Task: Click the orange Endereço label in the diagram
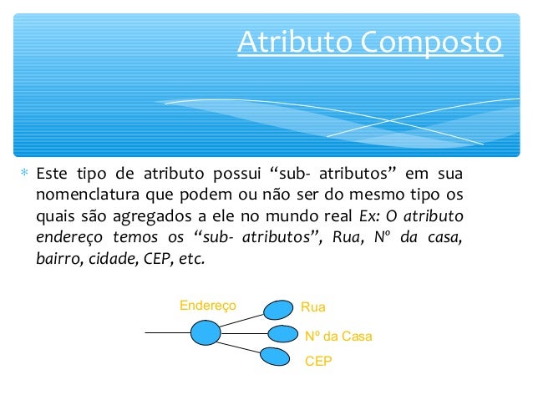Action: [208, 306]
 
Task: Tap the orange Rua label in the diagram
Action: [313, 307]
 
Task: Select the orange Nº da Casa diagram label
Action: [338, 336]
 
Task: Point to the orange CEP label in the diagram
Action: [318, 363]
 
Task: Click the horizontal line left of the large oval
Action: [167, 333]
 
